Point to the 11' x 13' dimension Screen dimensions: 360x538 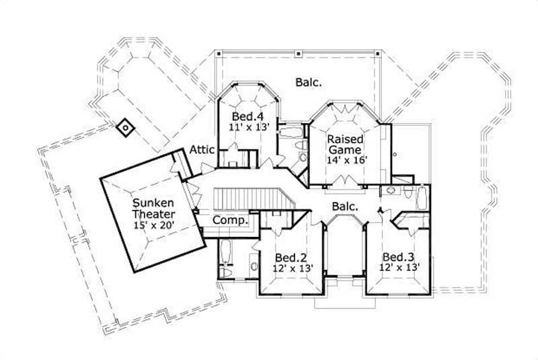(x=244, y=126)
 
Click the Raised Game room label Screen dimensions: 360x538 (x=344, y=144)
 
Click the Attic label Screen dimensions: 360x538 (x=202, y=149)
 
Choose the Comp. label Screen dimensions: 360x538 (x=231, y=220)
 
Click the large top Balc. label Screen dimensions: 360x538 (x=308, y=83)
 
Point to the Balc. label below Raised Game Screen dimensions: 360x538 (x=344, y=206)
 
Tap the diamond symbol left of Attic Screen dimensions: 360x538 (x=124, y=127)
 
